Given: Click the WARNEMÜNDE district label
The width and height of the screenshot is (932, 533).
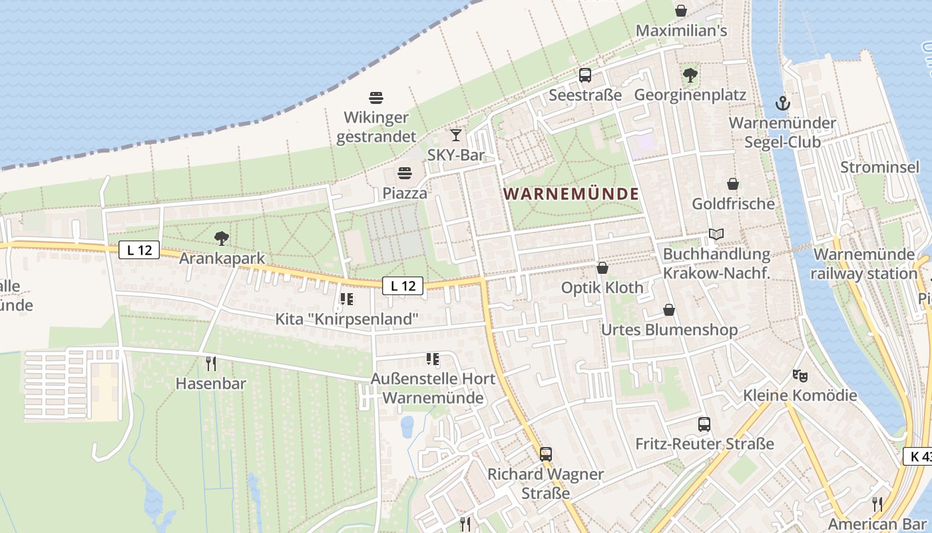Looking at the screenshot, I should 571,194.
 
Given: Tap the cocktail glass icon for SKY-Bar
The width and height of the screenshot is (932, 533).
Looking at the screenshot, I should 456,135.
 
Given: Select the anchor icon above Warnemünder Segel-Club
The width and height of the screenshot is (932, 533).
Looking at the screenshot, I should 783,103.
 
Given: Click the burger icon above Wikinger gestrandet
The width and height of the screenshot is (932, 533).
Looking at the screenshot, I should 376,98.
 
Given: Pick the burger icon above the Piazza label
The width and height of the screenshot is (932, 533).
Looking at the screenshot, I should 405,174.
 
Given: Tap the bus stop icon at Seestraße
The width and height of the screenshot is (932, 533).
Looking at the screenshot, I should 585,75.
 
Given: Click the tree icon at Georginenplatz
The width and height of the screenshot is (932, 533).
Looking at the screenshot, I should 690,75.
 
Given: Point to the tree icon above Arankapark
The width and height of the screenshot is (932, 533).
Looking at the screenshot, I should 222,238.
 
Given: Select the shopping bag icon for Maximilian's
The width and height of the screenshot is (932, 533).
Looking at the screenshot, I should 681,11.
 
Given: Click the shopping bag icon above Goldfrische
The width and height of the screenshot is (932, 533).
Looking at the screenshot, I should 733,184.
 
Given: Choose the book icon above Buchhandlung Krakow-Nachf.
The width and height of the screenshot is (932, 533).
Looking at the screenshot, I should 716,235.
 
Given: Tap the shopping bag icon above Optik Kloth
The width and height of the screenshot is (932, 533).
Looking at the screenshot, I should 602,268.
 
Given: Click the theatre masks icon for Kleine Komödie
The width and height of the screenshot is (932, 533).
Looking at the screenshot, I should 800,376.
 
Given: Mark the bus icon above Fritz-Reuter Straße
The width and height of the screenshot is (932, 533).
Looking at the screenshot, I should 704,424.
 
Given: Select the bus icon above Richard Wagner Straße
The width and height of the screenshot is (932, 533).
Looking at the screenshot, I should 546,454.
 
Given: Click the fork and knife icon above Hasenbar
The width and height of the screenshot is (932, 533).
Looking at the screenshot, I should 211,364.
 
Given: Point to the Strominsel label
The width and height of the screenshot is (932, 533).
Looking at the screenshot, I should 879,167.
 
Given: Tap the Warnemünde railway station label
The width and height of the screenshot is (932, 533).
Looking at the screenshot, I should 864,264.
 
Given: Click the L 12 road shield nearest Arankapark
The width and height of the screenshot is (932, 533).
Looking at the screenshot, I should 140,251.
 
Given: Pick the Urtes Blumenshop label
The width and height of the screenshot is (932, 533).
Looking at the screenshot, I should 669,330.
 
